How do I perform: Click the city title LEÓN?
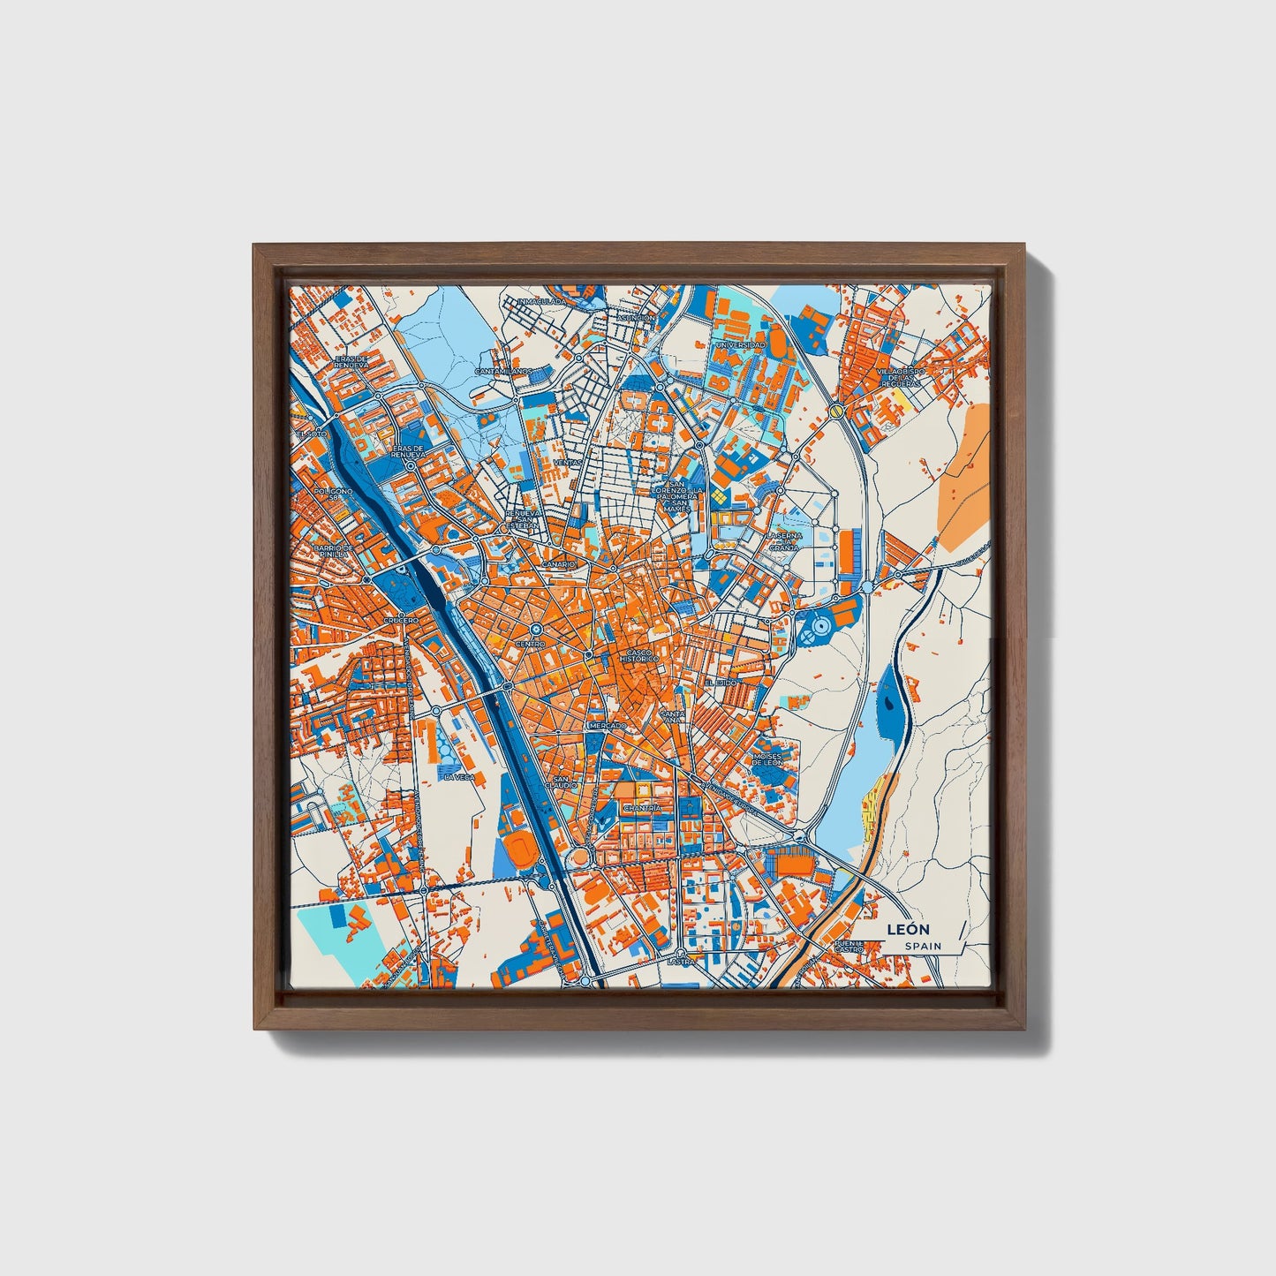tap(914, 929)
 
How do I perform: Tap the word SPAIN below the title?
tap(922, 946)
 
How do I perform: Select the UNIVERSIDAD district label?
tap(740, 344)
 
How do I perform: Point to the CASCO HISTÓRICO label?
tap(639, 656)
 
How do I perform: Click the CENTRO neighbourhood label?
tap(531, 645)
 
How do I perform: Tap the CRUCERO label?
tap(400, 621)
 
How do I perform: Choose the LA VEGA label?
tap(459, 777)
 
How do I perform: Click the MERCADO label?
tap(608, 725)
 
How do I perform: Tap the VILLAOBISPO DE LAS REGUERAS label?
tap(900, 378)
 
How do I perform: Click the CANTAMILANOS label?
tap(502, 372)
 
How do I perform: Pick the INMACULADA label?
tap(540, 301)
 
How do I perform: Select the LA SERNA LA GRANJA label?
tap(783, 541)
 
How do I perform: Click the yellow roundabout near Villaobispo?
tap(834, 411)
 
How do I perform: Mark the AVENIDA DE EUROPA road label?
tap(729, 797)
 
